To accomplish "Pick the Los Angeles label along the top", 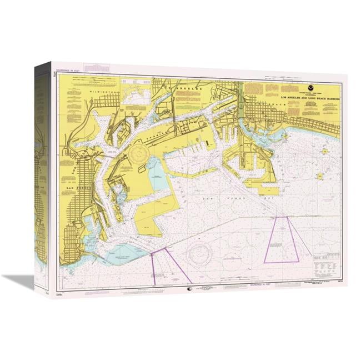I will coord(183,86).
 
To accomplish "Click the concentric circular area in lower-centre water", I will coord(200,253).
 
